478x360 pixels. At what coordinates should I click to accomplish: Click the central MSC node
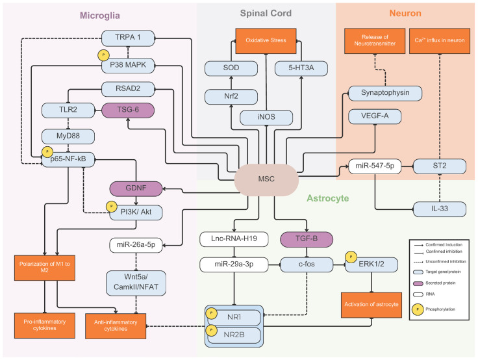point(266,179)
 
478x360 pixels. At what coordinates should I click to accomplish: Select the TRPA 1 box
point(128,38)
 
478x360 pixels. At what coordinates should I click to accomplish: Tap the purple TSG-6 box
point(128,110)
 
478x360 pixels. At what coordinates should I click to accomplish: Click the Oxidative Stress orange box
point(266,40)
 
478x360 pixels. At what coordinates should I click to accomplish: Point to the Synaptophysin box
point(385,93)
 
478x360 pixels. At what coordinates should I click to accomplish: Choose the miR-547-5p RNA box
point(375,166)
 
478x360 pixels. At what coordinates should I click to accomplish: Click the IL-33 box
point(440,209)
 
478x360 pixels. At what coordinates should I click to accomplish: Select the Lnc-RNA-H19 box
point(234,239)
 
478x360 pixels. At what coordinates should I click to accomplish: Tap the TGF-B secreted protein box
point(307,239)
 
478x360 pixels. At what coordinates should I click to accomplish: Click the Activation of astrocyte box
point(371,305)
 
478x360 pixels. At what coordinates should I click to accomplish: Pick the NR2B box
point(234,335)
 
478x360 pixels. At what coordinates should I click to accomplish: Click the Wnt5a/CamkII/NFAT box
point(136,283)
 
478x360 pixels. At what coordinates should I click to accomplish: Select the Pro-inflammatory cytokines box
point(45,325)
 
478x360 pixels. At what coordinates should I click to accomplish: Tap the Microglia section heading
point(99,16)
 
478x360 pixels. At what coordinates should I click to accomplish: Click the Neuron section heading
point(405,14)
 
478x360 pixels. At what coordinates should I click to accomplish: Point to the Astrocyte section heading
point(328,198)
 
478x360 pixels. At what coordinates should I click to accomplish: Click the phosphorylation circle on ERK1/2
point(351,257)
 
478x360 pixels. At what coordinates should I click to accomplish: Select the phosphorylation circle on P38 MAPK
point(103,55)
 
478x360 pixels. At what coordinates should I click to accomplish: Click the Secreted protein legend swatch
point(418,283)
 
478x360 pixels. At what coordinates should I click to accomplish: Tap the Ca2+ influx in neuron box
point(440,41)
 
